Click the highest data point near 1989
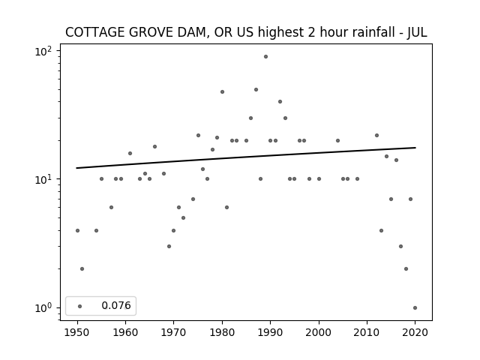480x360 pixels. tap(265, 57)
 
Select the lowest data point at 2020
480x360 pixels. tap(415, 308)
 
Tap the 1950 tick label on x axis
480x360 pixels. tap(77, 332)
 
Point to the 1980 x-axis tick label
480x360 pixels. tap(222, 332)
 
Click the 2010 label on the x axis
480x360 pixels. tap(367, 332)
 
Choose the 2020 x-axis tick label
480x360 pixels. tap(415, 332)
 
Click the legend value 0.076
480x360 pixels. tap(116, 305)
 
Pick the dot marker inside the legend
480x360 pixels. tap(80, 306)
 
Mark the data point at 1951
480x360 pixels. tap(82, 268)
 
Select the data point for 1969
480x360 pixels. tap(169, 247)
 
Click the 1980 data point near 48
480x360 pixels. tap(222, 91)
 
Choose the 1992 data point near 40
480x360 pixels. tap(280, 102)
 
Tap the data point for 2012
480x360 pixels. tap(376, 135)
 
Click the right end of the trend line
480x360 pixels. tap(415, 148)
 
